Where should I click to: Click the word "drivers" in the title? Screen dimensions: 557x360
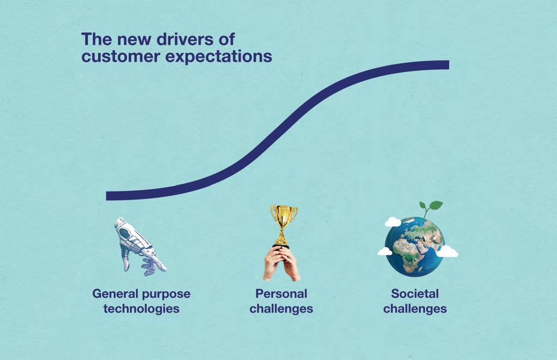(185, 39)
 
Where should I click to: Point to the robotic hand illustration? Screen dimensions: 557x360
(139, 246)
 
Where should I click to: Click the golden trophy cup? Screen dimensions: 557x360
(284, 225)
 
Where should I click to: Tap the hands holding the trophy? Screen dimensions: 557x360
(282, 263)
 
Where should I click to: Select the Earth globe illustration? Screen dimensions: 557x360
(415, 247)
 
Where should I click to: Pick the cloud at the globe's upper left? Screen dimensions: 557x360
(393, 222)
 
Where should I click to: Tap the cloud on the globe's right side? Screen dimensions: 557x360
(447, 251)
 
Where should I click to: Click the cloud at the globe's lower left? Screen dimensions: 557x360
(385, 251)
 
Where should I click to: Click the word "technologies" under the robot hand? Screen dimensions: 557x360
(141, 309)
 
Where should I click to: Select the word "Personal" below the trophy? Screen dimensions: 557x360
(282, 293)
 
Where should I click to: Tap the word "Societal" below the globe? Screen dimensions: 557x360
(415, 293)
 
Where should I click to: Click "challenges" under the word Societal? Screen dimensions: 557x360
(415, 309)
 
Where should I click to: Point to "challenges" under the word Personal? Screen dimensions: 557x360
(282, 309)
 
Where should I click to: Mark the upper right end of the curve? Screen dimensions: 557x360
(449, 64)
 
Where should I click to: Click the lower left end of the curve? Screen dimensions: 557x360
(106, 196)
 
